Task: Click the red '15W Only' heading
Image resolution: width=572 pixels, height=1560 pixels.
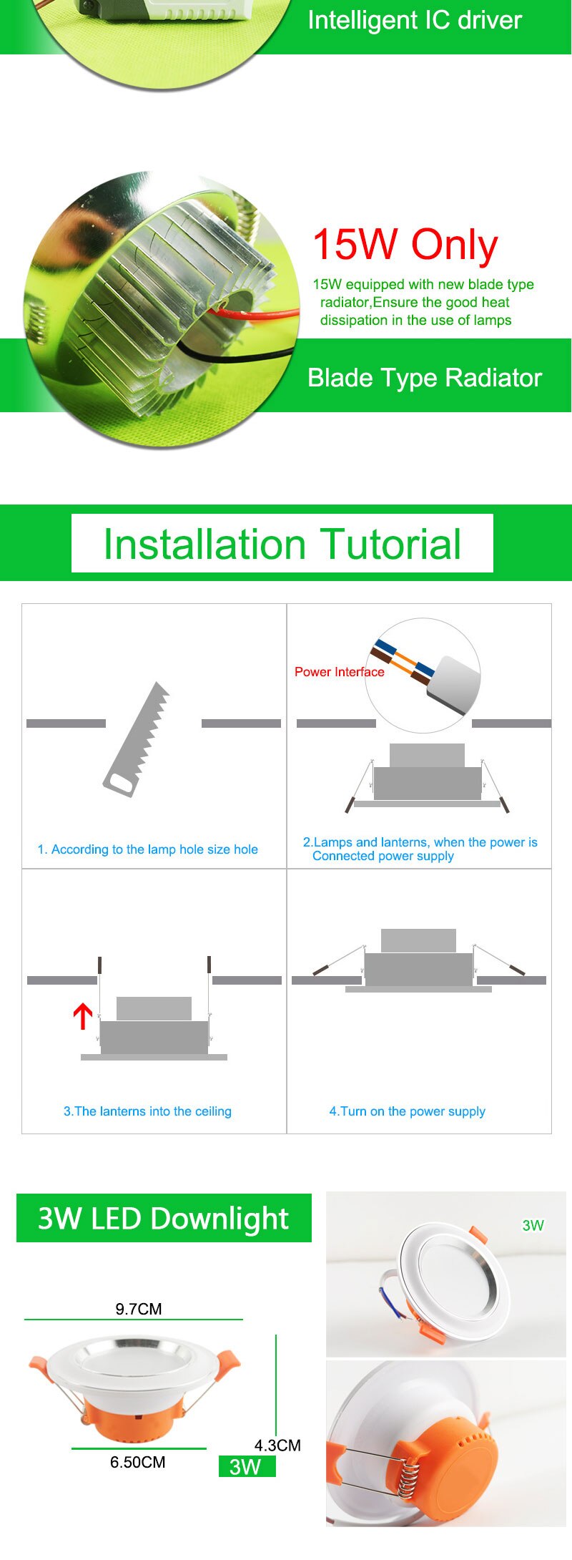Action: [x=405, y=245]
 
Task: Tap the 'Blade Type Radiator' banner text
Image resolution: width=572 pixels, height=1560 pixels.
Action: [x=425, y=378]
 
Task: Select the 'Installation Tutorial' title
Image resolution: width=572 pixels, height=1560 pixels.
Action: [x=282, y=544]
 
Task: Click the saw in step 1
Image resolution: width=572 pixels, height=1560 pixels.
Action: [x=136, y=739]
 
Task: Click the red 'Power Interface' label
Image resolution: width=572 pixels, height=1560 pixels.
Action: [x=340, y=672]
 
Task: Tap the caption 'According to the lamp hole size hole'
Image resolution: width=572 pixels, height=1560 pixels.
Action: [x=154, y=849]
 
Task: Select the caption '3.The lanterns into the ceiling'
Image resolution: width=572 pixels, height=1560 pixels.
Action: [x=147, y=1111]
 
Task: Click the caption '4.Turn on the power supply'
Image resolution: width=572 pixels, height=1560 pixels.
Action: [x=407, y=1111]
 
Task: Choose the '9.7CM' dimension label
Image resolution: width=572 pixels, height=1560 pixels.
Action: [x=139, y=1309]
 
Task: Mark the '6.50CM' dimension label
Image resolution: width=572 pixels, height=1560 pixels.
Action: [x=137, y=1462]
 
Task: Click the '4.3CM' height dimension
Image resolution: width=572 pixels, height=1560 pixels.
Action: [x=277, y=1446]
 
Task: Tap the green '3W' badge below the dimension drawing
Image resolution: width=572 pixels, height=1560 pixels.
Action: [x=247, y=1466]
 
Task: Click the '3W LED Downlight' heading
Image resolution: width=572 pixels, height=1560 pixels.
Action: [x=163, y=1218]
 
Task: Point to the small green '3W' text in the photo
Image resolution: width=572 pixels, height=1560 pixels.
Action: [x=533, y=1225]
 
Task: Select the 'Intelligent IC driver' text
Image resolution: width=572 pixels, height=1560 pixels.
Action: [x=415, y=20]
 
